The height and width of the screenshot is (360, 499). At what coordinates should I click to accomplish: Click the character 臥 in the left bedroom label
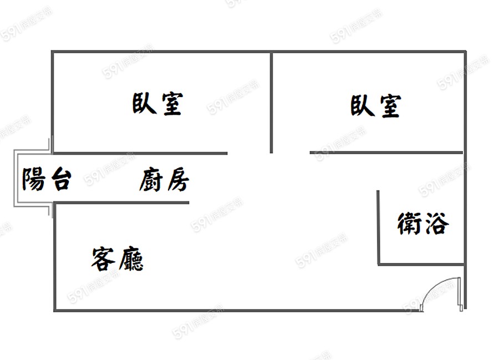pos(144,103)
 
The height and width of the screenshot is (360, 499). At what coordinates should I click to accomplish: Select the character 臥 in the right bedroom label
pos(363,105)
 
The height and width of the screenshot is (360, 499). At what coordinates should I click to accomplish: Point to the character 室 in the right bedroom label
pos(390,106)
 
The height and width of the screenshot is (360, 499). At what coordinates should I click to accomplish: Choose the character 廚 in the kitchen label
pos(151,180)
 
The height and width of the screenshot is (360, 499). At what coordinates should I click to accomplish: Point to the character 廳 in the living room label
pos(131,259)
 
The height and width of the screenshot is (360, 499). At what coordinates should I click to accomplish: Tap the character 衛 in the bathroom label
pos(410,224)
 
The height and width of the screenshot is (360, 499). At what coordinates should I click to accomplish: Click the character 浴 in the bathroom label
pos(437,223)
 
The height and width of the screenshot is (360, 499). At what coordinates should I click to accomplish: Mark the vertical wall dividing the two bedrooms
pos(271,103)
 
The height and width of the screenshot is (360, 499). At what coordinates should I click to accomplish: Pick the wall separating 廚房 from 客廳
pos(121,202)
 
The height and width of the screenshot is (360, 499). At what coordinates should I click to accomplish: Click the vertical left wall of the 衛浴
pos(378,227)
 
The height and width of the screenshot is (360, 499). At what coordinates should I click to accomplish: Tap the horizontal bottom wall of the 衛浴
pos(421,264)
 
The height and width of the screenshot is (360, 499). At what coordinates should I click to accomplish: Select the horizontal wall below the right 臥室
pos(386,153)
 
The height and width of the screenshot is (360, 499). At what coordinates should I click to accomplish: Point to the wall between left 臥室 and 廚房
pos(140,153)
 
